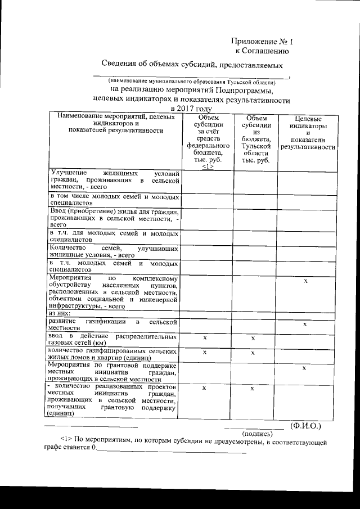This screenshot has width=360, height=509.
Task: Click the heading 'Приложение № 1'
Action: tap(262, 42)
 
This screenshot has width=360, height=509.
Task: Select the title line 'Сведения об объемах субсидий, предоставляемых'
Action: tap(191, 65)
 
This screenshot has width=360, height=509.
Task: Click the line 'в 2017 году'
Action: tap(191, 109)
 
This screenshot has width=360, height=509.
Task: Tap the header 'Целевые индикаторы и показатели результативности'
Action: tap(308, 133)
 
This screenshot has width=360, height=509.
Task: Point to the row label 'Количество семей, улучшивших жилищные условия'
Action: tap(115, 251)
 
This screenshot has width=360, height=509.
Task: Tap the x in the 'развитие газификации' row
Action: tap(305, 325)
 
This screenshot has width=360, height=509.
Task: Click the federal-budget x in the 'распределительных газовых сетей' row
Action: tap(205, 338)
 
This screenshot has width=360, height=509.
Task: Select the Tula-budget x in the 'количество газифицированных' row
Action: tap(253, 352)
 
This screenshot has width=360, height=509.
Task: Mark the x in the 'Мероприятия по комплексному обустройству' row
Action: tap(305, 281)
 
